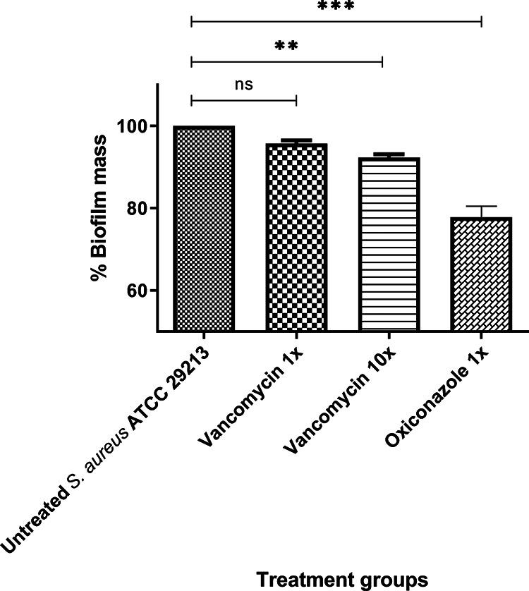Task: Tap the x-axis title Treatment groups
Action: [341, 579]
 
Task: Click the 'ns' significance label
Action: [243, 85]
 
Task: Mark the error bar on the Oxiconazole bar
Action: [480, 211]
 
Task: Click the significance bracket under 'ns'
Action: [243, 100]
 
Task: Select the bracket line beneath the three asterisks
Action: [336, 23]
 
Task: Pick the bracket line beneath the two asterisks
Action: [286, 62]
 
